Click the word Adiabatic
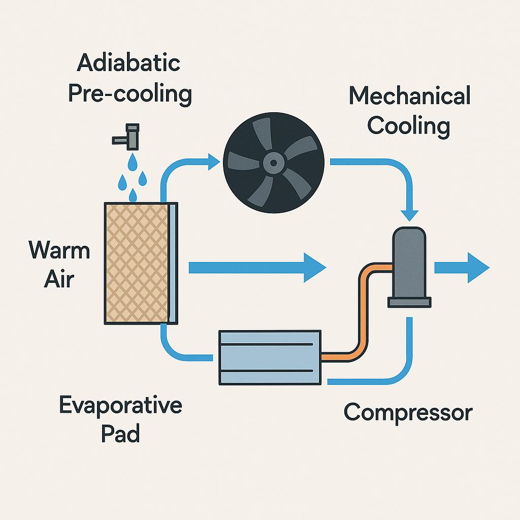[129, 64]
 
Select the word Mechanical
[409, 96]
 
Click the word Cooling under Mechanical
[409, 125]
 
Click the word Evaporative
[120, 405]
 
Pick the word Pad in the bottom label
[120, 435]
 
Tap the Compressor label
[408, 412]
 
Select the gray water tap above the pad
[128, 134]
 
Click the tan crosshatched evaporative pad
[136, 263]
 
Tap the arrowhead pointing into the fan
[213, 162]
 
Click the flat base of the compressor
[409, 302]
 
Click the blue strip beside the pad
[174, 263]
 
